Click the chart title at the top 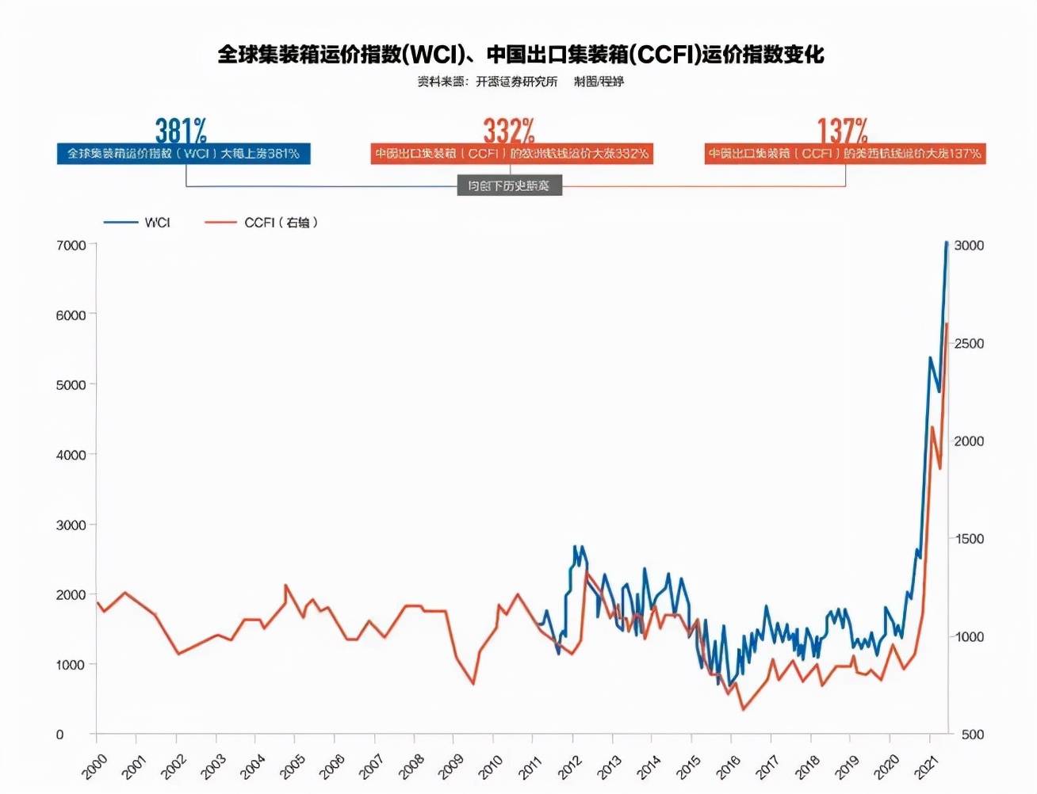(521, 55)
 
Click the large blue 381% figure (181, 130)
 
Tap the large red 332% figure (509, 130)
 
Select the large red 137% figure (843, 130)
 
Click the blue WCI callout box (183, 154)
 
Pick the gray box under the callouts (509, 185)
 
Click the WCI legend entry (138, 223)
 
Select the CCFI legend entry (262, 223)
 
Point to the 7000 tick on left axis (71, 246)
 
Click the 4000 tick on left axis (71, 455)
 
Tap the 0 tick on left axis (59, 735)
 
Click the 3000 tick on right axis (969, 246)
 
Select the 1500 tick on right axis (969, 539)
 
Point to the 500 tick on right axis (973, 735)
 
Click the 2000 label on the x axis (94, 766)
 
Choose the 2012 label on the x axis (570, 766)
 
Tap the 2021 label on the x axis (927, 766)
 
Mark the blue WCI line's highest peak (947, 243)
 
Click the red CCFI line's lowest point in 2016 (743, 708)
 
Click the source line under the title (521, 82)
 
